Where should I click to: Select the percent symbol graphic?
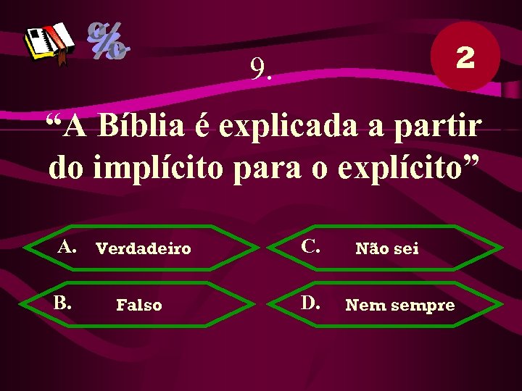pos(109,41)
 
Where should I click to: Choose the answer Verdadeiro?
pos(144,249)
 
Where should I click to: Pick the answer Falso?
pos(139,306)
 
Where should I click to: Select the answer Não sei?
pos(386,249)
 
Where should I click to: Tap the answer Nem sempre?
pos(400,306)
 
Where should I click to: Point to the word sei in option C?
pos(406,249)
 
